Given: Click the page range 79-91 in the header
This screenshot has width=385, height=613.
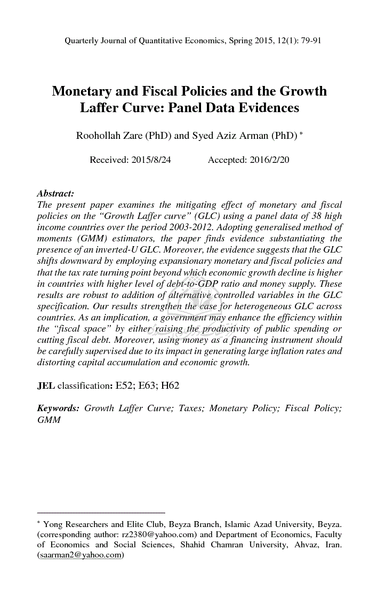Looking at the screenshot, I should click(308, 41).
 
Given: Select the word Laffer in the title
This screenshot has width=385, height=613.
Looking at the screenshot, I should click(101, 108).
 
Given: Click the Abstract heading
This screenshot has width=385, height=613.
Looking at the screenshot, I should click(55, 194).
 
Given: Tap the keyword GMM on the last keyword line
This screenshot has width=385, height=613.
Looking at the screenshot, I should click(49, 420).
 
